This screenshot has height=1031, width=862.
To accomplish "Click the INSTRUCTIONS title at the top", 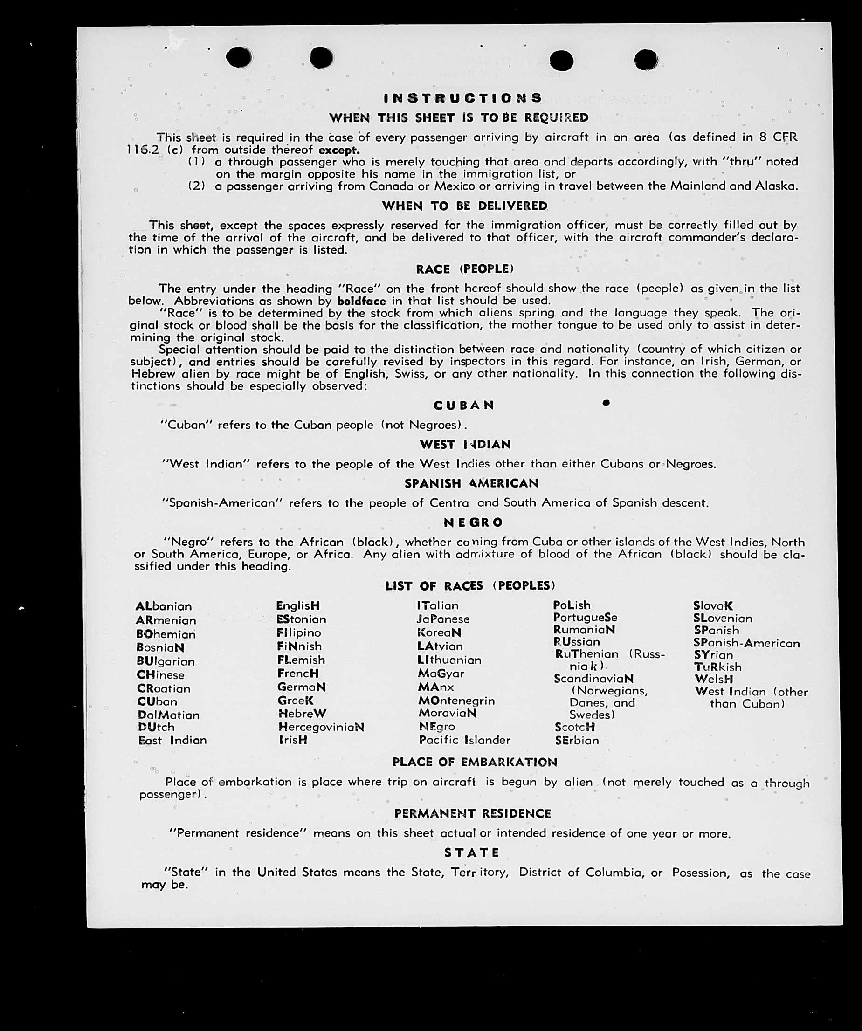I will (x=462, y=98).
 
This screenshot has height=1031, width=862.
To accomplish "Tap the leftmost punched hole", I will (x=239, y=57).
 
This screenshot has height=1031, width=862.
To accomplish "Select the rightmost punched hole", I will (x=646, y=60).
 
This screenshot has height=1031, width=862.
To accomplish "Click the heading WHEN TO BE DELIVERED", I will (x=465, y=206).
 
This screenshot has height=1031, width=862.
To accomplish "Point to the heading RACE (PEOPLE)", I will (x=465, y=269).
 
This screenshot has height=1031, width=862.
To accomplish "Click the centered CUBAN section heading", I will (x=464, y=405).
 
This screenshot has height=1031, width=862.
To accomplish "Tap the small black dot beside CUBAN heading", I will (x=606, y=403).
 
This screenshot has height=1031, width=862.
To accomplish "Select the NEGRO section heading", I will (x=474, y=522).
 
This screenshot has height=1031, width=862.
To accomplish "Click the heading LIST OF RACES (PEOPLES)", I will (x=470, y=586).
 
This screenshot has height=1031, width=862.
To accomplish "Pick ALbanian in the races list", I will (x=164, y=606).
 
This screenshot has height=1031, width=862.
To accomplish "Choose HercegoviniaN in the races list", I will (x=321, y=727).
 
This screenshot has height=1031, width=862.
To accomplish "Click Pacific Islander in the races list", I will (x=465, y=740).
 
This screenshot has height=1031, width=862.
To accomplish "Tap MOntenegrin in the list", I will (x=456, y=701).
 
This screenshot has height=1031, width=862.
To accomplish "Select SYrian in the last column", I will (x=713, y=655).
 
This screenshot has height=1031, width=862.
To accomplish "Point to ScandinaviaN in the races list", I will (x=593, y=679).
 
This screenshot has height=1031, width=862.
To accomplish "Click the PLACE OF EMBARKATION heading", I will (x=475, y=762).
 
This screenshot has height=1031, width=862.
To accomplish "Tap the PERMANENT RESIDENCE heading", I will (x=473, y=813).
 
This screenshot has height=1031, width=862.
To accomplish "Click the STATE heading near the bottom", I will (x=472, y=852).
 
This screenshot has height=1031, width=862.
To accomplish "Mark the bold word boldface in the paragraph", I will (x=361, y=301).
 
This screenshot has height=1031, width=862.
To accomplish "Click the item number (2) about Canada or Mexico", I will (x=196, y=186).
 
